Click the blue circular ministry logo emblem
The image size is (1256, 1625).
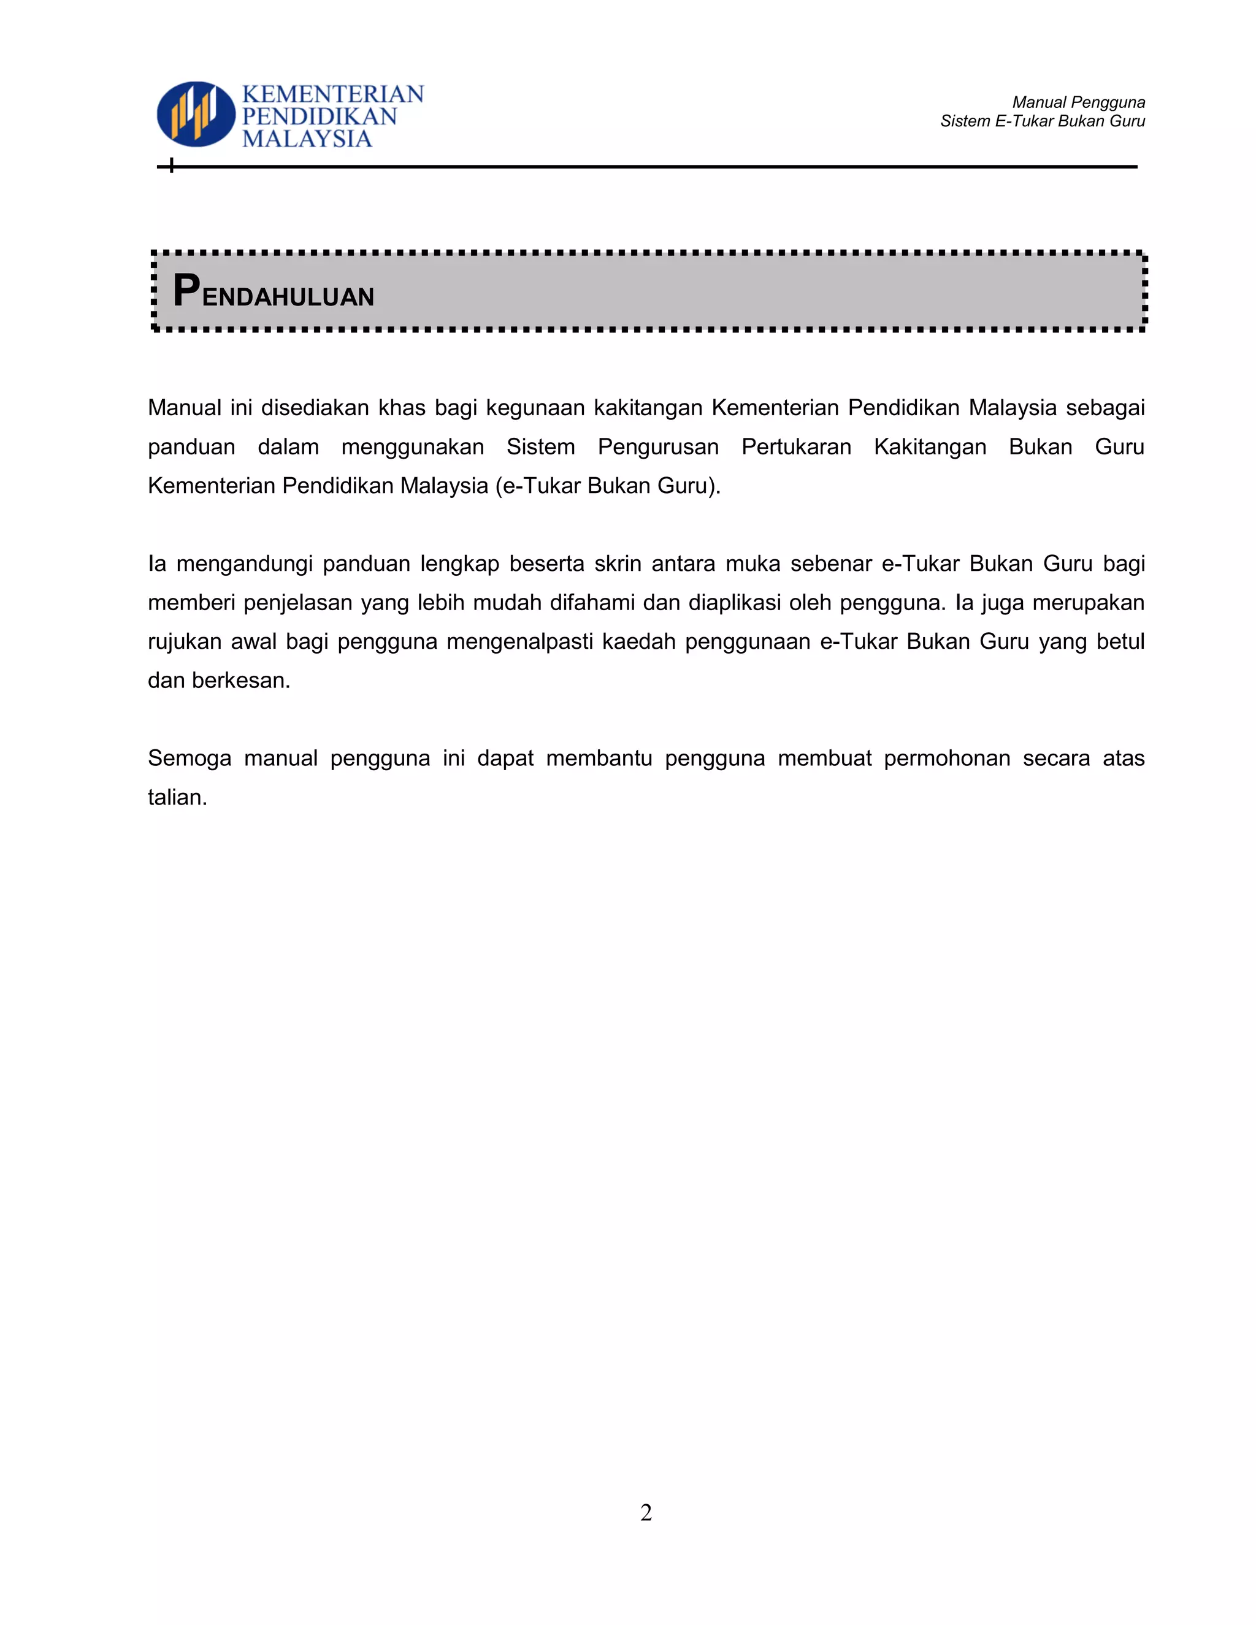(196, 114)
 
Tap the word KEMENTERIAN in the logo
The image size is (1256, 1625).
(332, 94)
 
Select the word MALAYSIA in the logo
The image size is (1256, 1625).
(307, 139)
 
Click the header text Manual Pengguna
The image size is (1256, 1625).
(1078, 102)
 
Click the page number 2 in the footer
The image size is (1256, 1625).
(646, 1512)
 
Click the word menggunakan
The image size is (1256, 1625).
(412, 446)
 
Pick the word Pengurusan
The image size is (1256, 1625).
(658, 446)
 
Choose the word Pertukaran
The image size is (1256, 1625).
(796, 446)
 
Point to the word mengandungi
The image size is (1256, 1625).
(244, 564)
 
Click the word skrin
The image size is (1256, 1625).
(618, 564)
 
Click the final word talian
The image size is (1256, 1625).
(177, 797)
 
